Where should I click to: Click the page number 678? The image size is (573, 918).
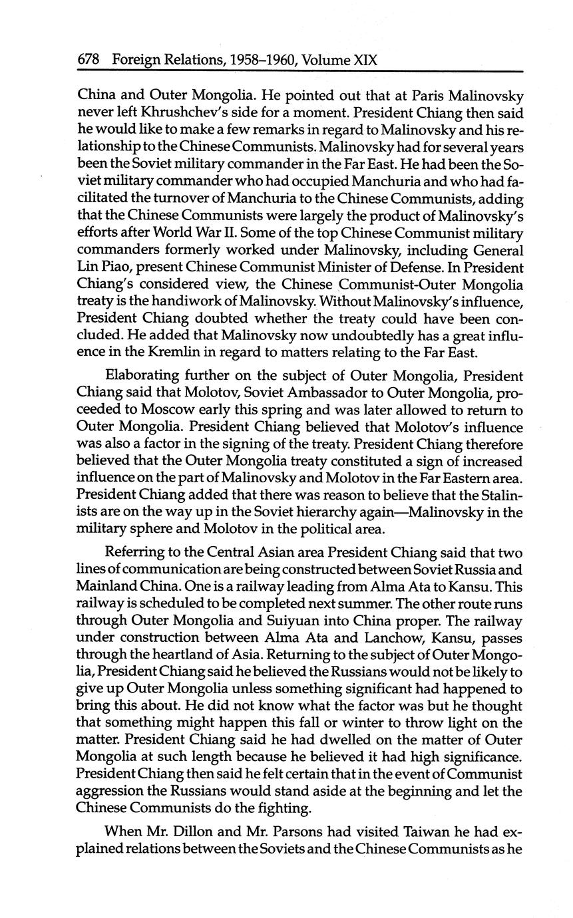click(x=89, y=60)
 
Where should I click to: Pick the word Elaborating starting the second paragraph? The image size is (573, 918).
click(x=143, y=376)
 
